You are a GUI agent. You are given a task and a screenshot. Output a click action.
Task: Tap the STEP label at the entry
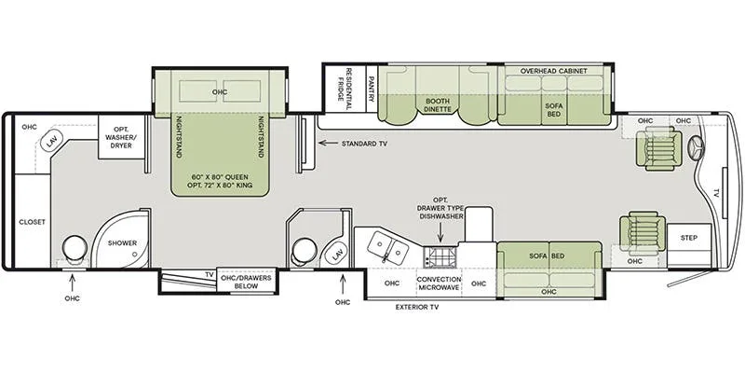(x=689, y=238)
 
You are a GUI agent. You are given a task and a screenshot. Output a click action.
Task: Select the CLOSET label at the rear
(x=33, y=222)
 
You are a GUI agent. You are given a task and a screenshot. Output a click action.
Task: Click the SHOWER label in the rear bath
(x=122, y=242)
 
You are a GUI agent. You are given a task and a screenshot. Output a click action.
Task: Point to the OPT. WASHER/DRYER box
(x=122, y=137)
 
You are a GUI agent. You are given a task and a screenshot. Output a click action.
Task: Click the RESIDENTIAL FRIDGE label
(x=345, y=88)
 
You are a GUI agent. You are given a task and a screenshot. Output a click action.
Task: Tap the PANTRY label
(x=372, y=89)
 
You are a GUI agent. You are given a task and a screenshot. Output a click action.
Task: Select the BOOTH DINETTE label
(x=438, y=104)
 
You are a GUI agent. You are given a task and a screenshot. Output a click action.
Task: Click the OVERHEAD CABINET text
(x=553, y=71)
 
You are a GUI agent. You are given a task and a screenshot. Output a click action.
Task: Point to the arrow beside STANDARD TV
(x=328, y=143)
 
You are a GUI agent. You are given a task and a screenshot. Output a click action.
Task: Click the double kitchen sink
(x=388, y=246)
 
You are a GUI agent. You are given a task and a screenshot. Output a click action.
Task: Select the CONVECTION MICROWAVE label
(x=440, y=283)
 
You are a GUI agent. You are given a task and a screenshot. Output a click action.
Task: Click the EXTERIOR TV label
(x=417, y=308)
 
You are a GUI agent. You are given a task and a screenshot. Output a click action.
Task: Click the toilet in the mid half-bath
(x=304, y=251)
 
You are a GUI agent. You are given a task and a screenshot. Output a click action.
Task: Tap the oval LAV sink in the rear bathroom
(x=50, y=142)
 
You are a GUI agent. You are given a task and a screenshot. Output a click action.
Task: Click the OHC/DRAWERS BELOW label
(x=247, y=282)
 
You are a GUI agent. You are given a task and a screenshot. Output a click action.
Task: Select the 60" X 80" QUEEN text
(x=220, y=176)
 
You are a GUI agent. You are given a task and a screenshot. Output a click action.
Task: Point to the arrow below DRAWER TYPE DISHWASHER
(x=440, y=233)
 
